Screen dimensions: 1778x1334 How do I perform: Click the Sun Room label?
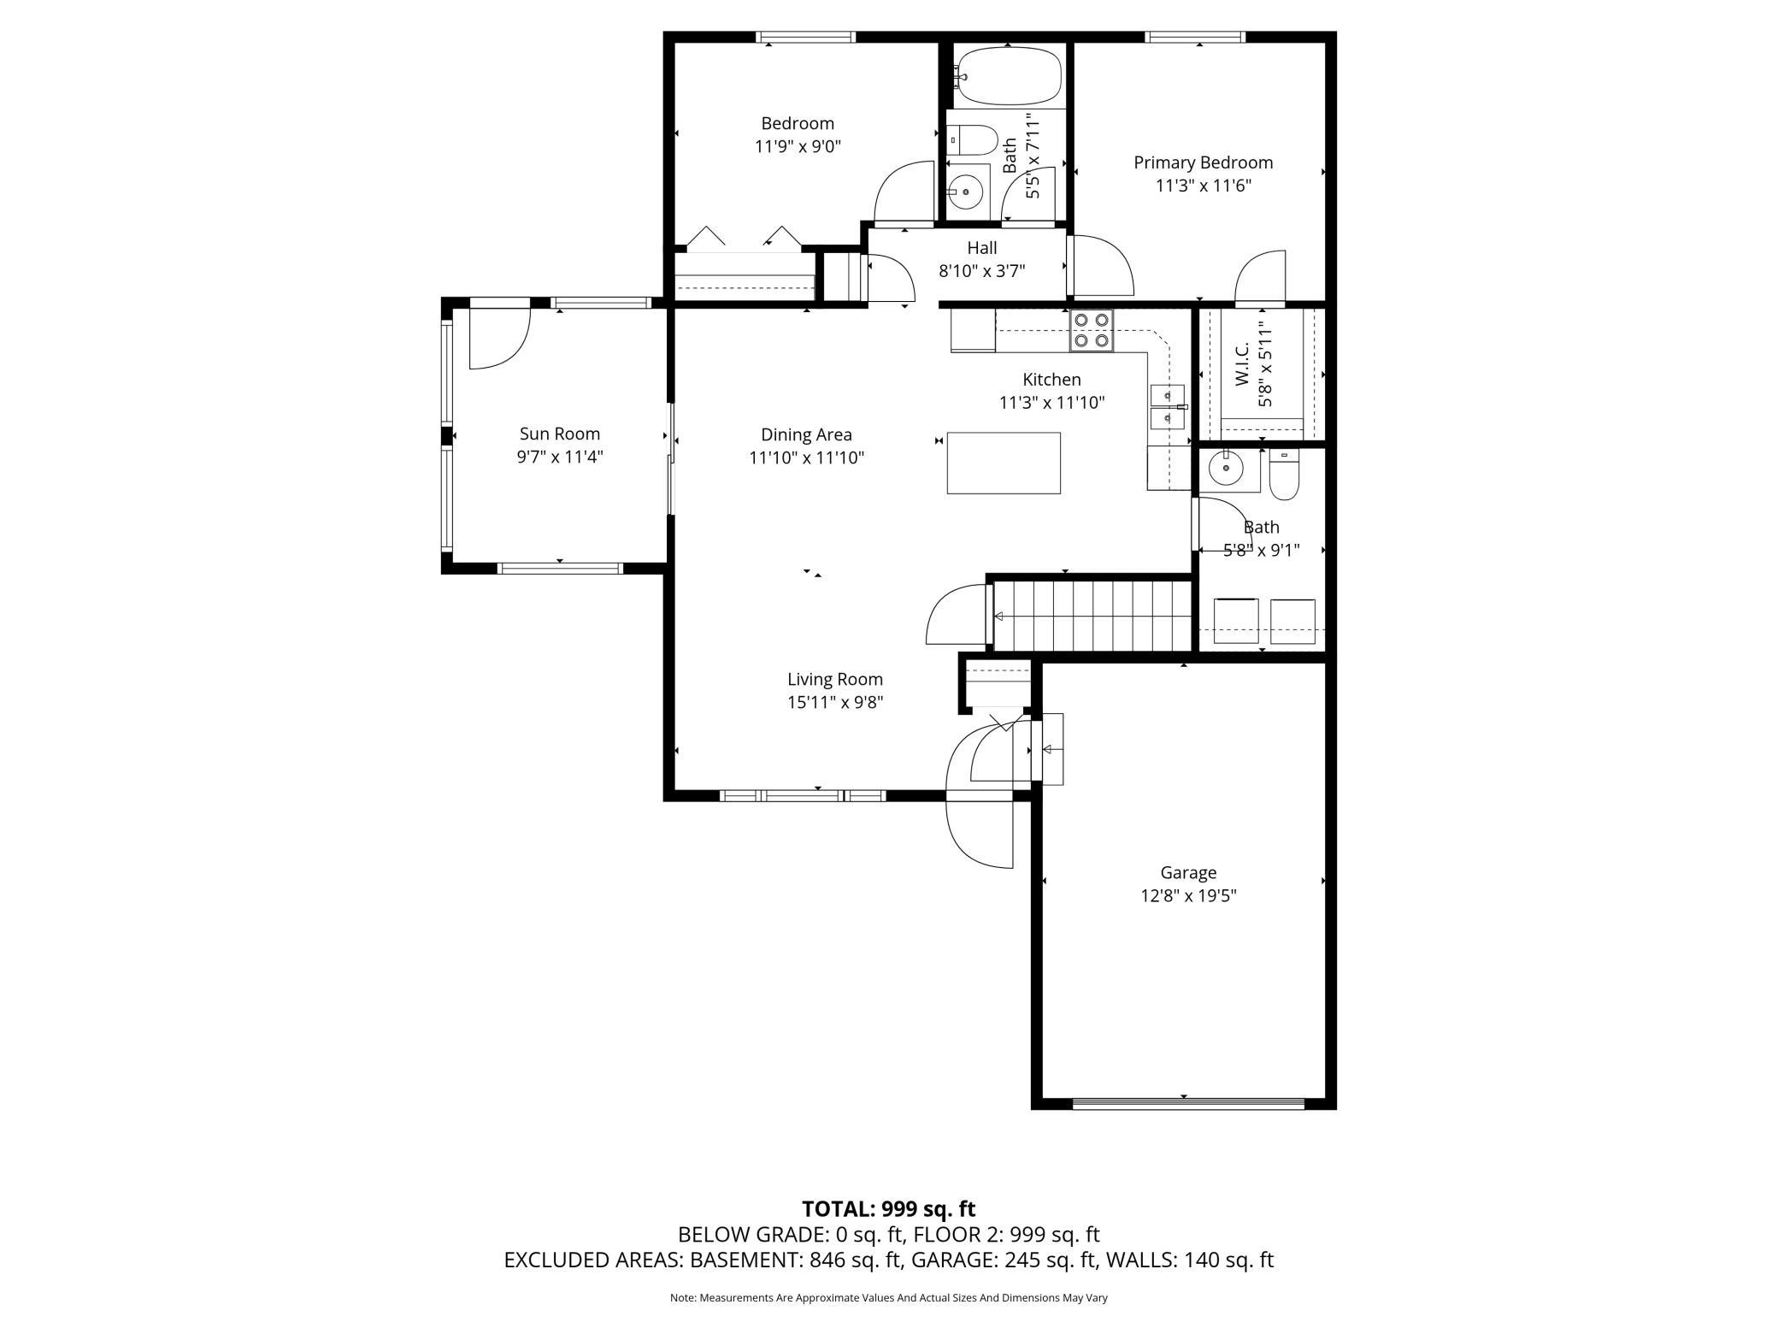(560, 434)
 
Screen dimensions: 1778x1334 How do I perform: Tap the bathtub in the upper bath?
(1009, 77)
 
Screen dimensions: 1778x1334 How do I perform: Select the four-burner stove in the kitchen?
(1092, 330)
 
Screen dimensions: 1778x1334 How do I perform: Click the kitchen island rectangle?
(1004, 463)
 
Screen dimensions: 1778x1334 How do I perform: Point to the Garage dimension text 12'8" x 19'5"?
(1188, 896)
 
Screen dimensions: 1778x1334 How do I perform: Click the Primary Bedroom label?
(1203, 162)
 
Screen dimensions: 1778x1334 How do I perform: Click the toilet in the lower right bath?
(1284, 475)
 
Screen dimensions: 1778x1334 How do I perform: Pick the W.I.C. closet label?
(1242, 364)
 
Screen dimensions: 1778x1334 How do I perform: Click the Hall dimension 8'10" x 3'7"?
(982, 271)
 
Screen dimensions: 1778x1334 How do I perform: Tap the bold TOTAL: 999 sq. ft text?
(888, 1209)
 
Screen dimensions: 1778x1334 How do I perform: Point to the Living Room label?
(835, 679)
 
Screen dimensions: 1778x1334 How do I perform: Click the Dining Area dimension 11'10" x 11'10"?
(807, 457)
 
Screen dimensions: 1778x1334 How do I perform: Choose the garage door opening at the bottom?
(1188, 1103)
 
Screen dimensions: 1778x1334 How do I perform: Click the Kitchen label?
(1052, 379)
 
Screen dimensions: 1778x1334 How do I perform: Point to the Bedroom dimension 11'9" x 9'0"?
(798, 146)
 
